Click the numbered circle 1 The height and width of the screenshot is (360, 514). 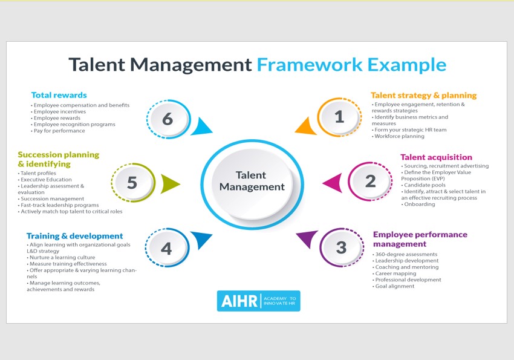[339, 117]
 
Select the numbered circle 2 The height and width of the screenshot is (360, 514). [370, 181]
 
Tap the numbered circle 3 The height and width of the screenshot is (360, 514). [341, 247]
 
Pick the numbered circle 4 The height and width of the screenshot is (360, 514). [167, 248]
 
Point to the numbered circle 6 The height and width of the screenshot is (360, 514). [168, 119]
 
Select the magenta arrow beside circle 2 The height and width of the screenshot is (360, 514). [333, 182]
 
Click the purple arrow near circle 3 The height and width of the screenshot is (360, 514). [307, 238]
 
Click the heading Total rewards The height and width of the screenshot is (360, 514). [59, 95]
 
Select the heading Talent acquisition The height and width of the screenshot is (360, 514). [437, 157]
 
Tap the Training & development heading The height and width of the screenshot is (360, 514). [75, 236]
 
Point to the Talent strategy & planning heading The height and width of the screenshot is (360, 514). [423, 96]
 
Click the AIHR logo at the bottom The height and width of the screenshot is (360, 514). [259, 301]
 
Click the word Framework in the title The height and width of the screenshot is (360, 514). [310, 65]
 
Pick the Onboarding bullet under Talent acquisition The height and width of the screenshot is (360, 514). [418, 205]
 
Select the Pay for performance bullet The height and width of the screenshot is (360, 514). [58, 131]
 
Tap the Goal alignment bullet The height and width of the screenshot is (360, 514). [394, 286]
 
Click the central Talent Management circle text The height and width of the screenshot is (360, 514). [252, 181]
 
